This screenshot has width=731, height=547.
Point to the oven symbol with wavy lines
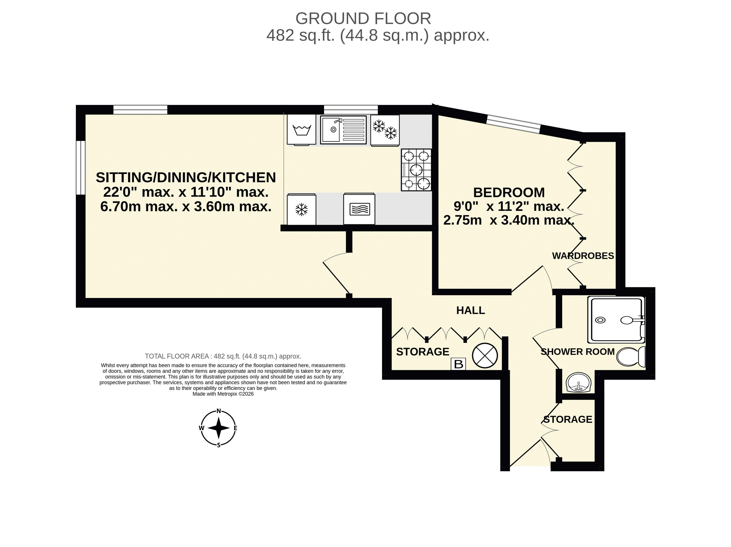[x=359, y=209]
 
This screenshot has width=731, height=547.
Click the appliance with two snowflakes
[x=385, y=130]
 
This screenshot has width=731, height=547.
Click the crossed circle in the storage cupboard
[x=485, y=355]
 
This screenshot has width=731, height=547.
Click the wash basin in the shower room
[x=578, y=383]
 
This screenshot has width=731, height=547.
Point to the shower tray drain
[x=600, y=320]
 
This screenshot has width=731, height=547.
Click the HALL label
[x=471, y=310]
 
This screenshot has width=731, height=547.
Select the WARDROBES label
[x=583, y=256]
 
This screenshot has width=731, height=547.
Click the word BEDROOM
[x=509, y=192]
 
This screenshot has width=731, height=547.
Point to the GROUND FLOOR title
[x=363, y=19]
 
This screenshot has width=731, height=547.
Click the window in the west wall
[x=81, y=168]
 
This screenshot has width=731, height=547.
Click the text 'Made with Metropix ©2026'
[x=223, y=394]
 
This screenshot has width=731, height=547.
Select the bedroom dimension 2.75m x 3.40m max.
[x=509, y=220]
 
